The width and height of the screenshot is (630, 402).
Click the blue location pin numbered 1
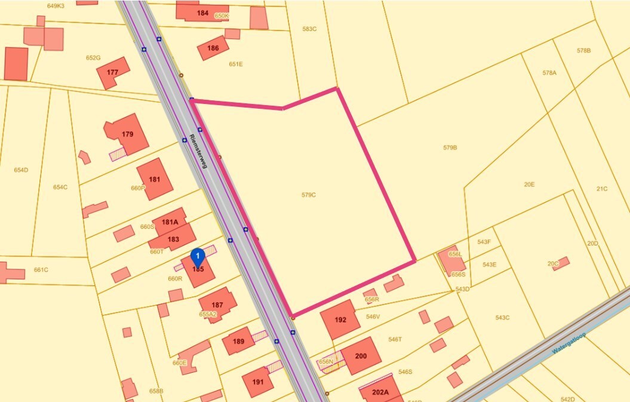[x=197, y=257]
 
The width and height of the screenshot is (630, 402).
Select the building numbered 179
[x=127, y=134]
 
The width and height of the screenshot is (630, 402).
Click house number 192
[x=340, y=320]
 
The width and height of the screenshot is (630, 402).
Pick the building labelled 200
[x=361, y=356]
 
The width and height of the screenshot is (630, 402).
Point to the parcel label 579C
[x=309, y=195]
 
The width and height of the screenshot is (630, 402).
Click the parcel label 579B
[x=450, y=147]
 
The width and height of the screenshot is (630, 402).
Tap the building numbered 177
[x=112, y=72]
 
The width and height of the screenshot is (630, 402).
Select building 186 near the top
[x=213, y=48]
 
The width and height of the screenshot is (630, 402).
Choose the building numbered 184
[x=202, y=13]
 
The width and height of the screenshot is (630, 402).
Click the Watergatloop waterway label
[x=569, y=343]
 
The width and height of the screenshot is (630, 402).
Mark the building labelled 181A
[x=170, y=222]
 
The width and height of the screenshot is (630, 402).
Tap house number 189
[x=238, y=342]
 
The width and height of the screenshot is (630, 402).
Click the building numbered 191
[x=258, y=382]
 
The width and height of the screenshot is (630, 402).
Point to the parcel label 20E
[x=529, y=185]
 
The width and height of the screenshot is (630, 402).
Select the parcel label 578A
[x=549, y=73]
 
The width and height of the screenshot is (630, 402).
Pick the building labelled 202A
[x=380, y=392]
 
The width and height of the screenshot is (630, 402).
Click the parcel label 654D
[x=21, y=170]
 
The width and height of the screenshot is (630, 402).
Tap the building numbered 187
[x=217, y=305]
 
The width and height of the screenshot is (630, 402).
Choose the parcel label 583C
[x=309, y=29]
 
